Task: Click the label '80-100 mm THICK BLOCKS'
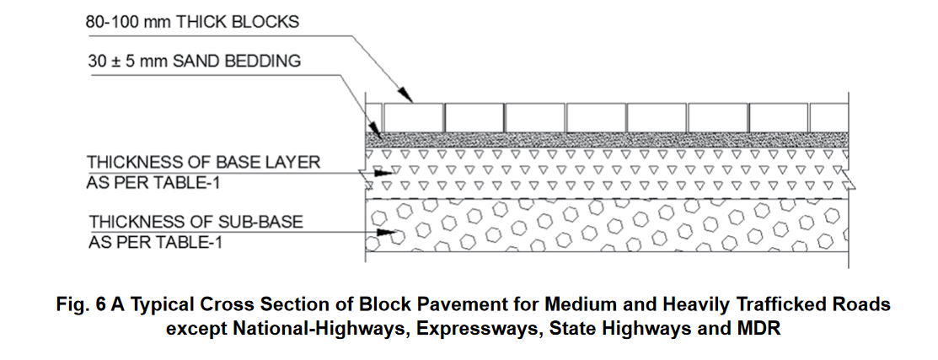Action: point(192,22)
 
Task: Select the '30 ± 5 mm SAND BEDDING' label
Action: point(195,62)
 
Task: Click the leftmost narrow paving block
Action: point(374,116)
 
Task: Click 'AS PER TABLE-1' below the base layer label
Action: point(145,181)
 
